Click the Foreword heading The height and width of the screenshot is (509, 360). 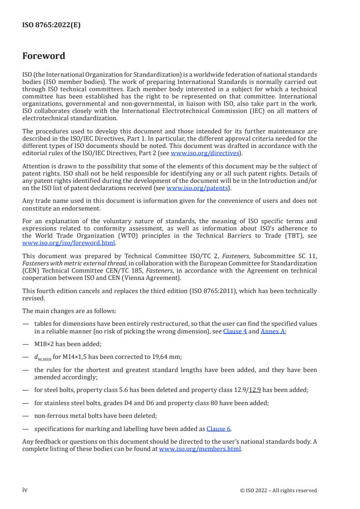coord(44,56)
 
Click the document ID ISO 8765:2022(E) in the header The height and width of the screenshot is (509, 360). coord(51,25)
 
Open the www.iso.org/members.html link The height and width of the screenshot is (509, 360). coord(200,449)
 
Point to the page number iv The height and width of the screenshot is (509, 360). coord(25,490)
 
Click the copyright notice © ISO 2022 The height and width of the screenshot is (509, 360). coord(278,490)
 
